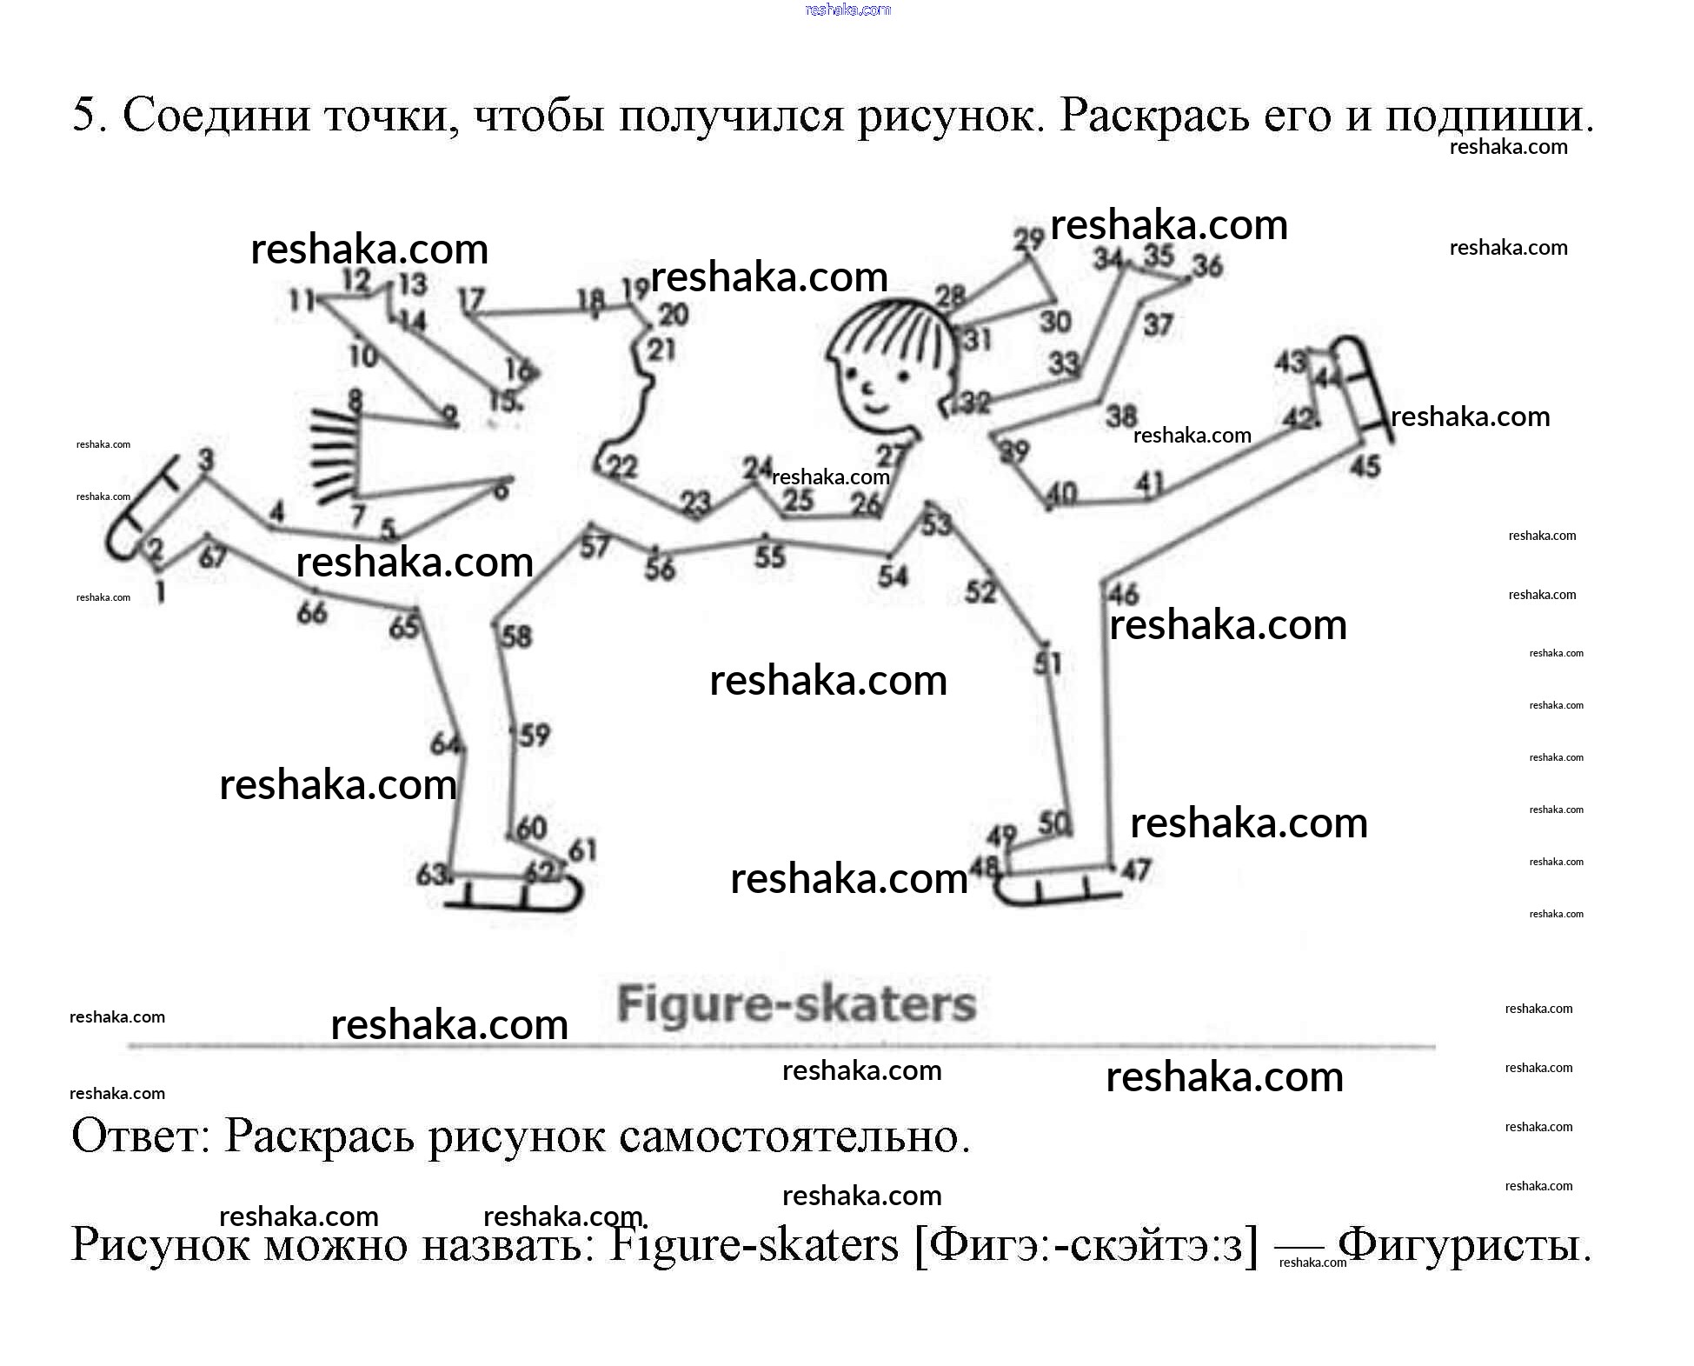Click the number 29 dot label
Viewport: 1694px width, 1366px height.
coord(1028,239)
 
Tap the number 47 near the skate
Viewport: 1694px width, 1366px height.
coord(1136,869)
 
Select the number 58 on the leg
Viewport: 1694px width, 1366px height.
coord(516,636)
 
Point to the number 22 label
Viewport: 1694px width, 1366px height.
coord(621,467)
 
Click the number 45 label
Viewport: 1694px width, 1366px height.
coord(1365,466)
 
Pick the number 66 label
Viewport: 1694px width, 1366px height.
coord(311,612)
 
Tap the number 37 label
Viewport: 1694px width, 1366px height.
coord(1158,325)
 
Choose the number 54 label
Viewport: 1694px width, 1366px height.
coord(893,576)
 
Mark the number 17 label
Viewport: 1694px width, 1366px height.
coord(471,300)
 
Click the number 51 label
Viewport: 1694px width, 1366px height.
coord(1047,663)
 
